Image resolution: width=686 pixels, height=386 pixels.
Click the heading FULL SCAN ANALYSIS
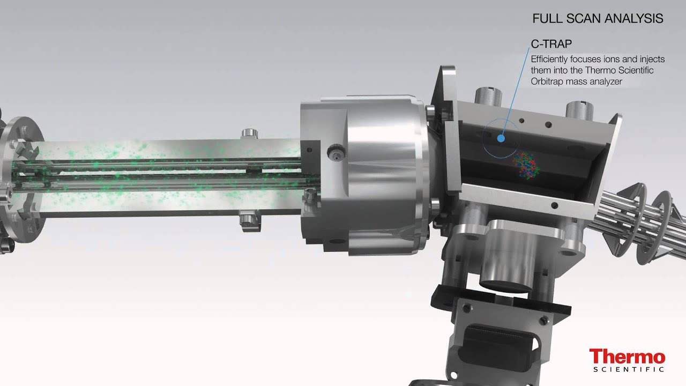tap(598, 19)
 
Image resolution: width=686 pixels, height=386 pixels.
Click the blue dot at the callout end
tap(501, 138)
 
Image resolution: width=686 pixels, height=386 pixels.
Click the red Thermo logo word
tap(627, 357)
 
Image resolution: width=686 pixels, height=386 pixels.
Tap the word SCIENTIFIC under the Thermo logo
tap(629, 369)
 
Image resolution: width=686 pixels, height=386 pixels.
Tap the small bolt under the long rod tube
tap(248, 219)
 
